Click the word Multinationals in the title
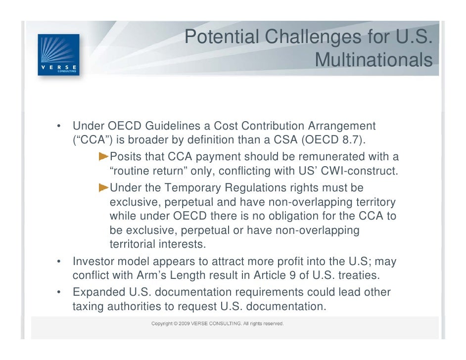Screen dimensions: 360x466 coord(373,60)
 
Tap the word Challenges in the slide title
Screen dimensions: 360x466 coord(300,37)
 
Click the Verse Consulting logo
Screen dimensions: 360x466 coord(58,54)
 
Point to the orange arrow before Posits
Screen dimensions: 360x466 coord(103,157)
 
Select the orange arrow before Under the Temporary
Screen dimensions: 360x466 coord(103,188)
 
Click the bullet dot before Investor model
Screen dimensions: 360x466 coord(59,261)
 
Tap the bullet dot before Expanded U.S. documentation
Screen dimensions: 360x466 coord(59,292)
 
